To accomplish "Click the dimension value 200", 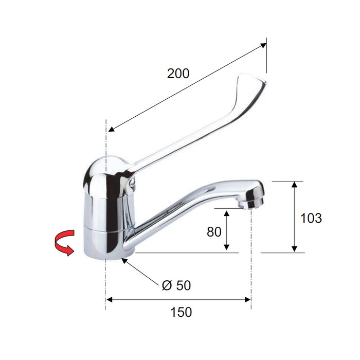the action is coord(178,74).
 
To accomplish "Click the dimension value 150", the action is coord(181,312).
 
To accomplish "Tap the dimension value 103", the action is coord(311,218).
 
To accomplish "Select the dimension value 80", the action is coord(214,231).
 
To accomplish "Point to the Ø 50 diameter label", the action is coord(176,285).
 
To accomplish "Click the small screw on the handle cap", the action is coord(132,183).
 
